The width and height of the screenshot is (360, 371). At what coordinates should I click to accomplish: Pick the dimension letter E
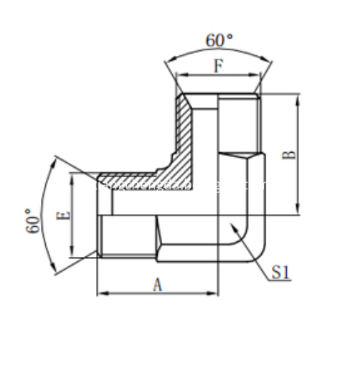click(x=63, y=214)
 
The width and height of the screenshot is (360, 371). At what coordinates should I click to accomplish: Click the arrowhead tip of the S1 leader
click(x=229, y=224)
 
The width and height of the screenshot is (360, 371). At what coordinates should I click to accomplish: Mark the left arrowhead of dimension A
click(x=98, y=293)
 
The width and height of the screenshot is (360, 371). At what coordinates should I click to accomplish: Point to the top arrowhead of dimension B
click(x=298, y=94)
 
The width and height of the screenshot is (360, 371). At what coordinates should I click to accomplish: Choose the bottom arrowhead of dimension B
click(x=298, y=214)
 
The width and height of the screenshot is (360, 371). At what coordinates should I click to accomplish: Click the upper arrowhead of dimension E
click(x=71, y=174)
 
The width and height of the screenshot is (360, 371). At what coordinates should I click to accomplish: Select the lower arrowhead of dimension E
click(x=71, y=256)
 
